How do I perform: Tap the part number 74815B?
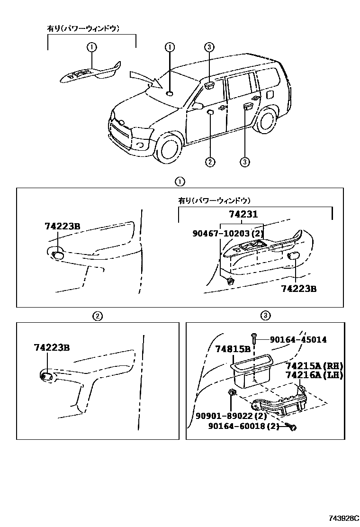[x=233, y=349]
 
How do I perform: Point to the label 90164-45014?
[x=298, y=340]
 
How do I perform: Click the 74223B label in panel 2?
[x=52, y=347]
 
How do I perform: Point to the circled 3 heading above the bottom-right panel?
[x=265, y=315]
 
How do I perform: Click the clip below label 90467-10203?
[x=229, y=281]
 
